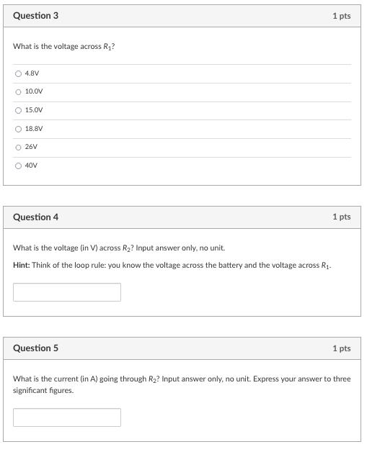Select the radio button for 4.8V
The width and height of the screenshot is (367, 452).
(17, 73)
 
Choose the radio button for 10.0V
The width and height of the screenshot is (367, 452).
(17, 92)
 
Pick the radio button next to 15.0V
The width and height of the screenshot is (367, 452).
(17, 111)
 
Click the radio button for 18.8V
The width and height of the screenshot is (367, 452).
(17, 130)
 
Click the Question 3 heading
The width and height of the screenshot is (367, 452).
(36, 16)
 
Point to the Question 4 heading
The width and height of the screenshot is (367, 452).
(36, 217)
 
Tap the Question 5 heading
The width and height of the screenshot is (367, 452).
(36, 348)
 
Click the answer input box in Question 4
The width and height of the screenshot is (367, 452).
(67, 292)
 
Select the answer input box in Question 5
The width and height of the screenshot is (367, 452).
(67, 417)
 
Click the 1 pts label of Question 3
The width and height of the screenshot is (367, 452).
(341, 16)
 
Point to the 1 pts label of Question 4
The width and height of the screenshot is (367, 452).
(341, 217)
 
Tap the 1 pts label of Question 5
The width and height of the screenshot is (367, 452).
(341, 348)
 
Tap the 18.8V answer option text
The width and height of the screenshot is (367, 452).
(34, 130)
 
